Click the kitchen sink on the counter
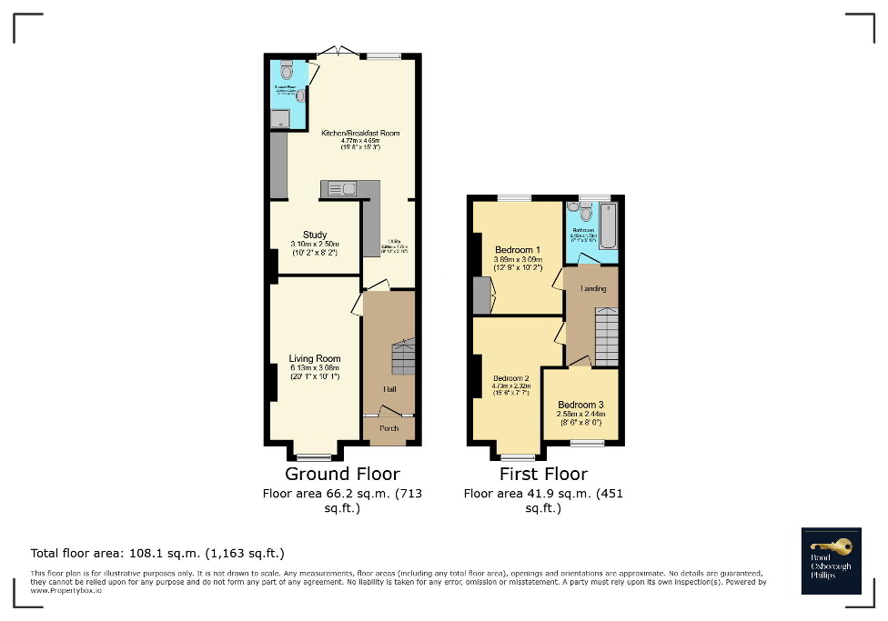342,189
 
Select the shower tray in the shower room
281,117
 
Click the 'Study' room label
315,235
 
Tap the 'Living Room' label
315,358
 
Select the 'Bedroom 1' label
518,250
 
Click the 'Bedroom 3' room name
580,405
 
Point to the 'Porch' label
388,429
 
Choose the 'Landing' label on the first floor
593,289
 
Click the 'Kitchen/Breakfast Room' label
360,134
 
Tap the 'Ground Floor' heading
342,474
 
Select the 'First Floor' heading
543,474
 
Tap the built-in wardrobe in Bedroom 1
481,295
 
